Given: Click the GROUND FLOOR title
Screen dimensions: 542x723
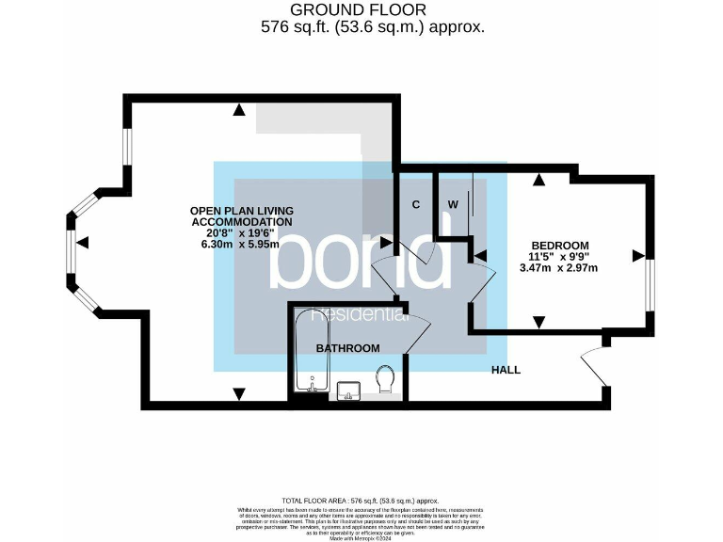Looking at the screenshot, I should click(x=360, y=9).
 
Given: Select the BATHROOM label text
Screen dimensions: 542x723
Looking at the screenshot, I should click(x=347, y=348).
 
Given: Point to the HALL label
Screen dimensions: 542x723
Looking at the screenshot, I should click(x=506, y=370).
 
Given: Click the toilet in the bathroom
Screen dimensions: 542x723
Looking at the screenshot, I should click(x=384, y=381).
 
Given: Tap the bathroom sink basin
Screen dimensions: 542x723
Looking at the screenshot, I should click(x=346, y=390).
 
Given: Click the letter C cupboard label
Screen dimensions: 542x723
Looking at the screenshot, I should click(x=415, y=204).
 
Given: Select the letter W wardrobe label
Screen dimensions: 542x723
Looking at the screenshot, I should click(x=453, y=204).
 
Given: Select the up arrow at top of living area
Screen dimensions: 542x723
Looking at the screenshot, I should click(x=240, y=110).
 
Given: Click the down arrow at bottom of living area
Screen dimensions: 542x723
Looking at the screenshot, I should click(x=239, y=392).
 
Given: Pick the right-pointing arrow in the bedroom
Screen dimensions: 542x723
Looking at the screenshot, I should click(x=638, y=254).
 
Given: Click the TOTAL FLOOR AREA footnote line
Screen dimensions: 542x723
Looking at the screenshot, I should click(x=361, y=501).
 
